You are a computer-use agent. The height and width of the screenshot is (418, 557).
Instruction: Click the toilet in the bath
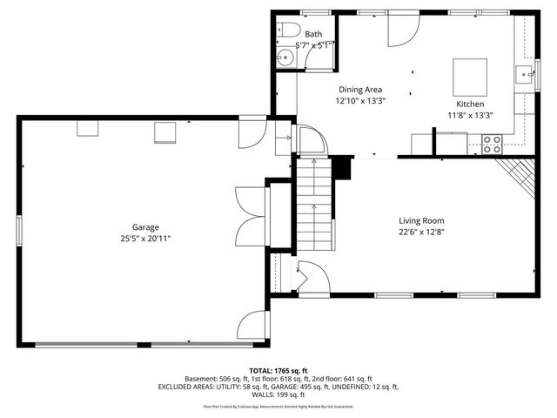click(x=284, y=32)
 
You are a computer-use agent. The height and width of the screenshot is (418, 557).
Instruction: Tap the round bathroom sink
click(x=285, y=59)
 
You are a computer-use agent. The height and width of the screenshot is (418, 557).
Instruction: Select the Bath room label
click(x=312, y=34)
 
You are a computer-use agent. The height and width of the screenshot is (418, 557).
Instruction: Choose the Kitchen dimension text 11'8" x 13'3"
click(x=470, y=114)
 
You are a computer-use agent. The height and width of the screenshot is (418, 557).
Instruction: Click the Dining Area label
click(x=360, y=89)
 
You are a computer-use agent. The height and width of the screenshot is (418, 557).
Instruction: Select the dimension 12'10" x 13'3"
click(x=360, y=100)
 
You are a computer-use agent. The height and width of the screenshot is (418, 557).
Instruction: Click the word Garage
click(x=133, y=227)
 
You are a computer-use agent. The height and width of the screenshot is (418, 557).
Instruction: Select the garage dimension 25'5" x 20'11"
click(x=133, y=239)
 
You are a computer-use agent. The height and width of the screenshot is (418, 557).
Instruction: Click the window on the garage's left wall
click(x=18, y=230)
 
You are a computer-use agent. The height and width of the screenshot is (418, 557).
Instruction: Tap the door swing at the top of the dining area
click(x=398, y=30)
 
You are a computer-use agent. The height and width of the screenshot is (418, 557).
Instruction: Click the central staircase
click(x=312, y=209)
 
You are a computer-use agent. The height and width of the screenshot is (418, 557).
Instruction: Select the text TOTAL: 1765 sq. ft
click(x=278, y=370)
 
